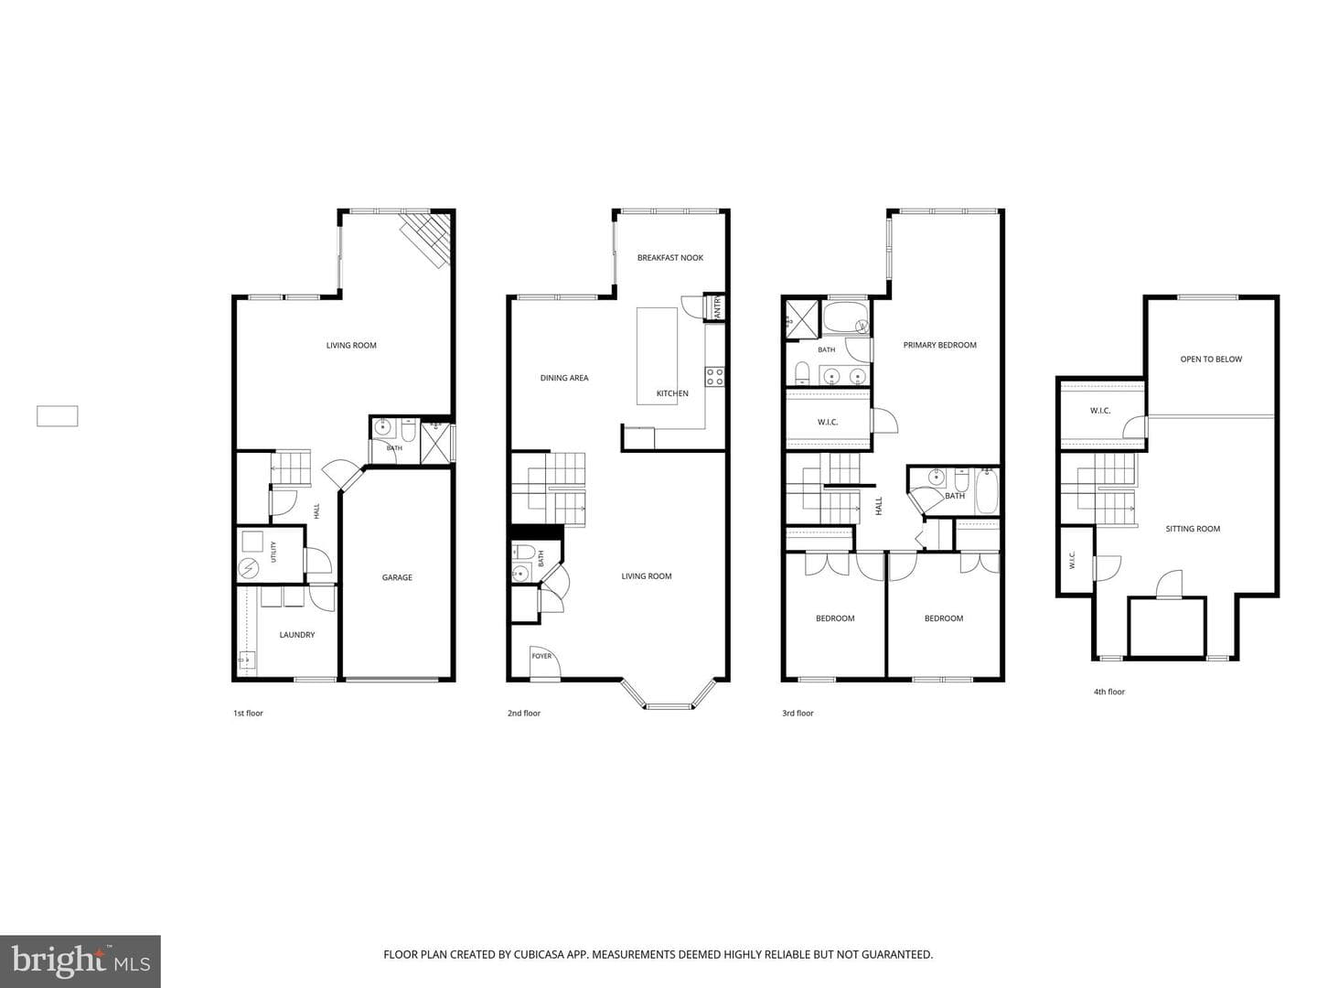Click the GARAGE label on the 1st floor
point(397,577)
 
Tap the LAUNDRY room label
point(297,634)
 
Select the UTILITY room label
point(273,552)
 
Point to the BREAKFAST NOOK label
point(669,257)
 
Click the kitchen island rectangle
point(657,357)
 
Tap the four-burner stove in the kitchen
point(714,377)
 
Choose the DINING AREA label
point(564,377)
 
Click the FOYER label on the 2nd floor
point(541,656)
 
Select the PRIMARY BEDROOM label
point(939,345)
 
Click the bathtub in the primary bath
point(846,318)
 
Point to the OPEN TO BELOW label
point(1211,359)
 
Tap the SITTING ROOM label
point(1193,529)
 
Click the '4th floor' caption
point(1108,692)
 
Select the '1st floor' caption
point(248,714)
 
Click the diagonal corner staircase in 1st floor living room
point(425,238)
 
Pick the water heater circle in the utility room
point(249,568)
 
